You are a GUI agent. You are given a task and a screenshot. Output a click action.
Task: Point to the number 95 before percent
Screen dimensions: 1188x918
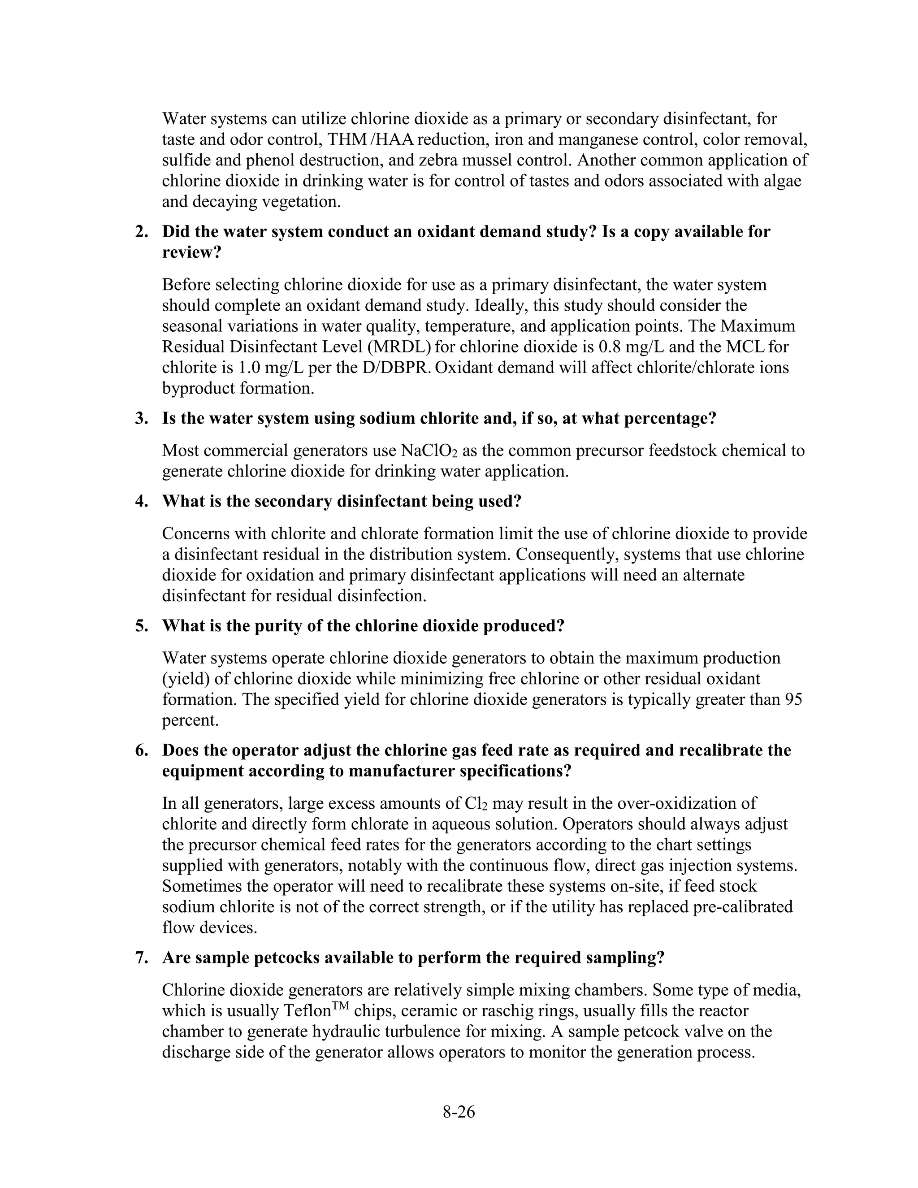793,699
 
